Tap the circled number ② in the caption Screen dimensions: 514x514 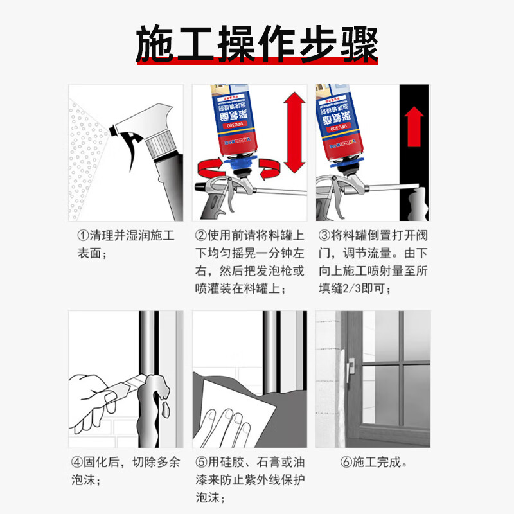click(200, 236)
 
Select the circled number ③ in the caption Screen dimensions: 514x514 click(324, 236)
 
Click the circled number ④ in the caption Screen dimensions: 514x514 click(75, 462)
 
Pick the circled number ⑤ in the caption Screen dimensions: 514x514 click(200, 462)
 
